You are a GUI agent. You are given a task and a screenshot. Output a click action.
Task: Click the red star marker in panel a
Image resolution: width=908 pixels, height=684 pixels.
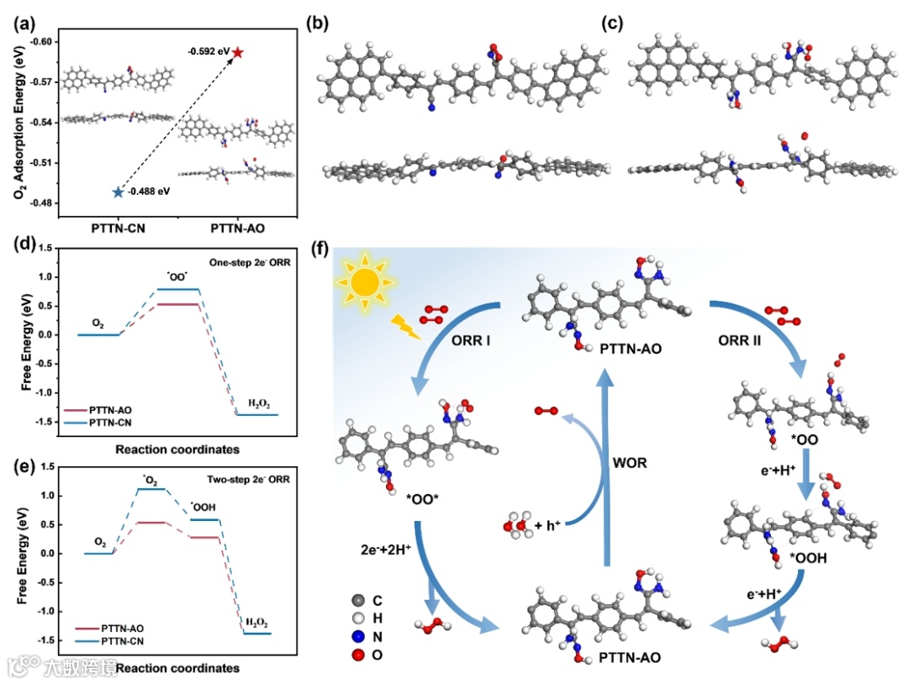pos(238,53)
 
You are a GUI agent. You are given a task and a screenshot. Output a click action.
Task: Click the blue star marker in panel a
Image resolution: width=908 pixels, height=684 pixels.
pos(117,192)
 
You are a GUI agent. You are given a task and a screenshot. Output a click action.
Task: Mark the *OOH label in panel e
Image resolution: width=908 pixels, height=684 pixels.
pos(204,508)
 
